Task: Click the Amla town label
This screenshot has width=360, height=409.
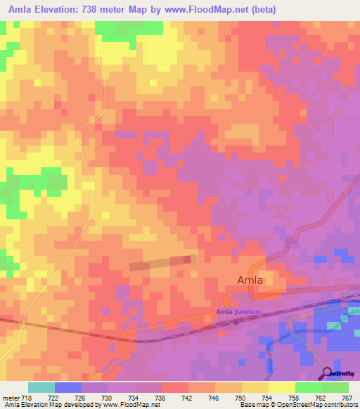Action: (x=249, y=280)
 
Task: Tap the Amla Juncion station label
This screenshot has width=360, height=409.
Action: (x=238, y=311)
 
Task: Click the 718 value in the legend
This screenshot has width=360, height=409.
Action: (x=27, y=398)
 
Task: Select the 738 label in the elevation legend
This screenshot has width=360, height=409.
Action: (x=161, y=398)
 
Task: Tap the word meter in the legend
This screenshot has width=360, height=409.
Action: (x=9, y=398)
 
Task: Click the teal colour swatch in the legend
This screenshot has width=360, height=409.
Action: (x=41, y=387)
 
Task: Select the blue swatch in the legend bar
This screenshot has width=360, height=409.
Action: (x=68, y=387)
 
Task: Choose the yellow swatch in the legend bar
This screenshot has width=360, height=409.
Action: (x=282, y=387)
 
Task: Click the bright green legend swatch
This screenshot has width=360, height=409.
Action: (x=309, y=387)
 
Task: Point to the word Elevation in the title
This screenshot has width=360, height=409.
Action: (x=63, y=10)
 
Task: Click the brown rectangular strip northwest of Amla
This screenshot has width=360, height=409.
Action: (x=162, y=263)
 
